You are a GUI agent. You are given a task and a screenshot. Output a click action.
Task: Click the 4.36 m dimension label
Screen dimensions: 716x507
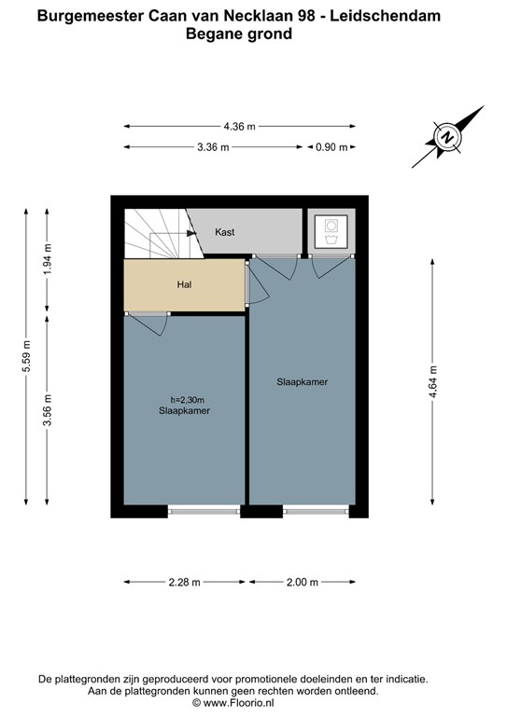click(x=240, y=127)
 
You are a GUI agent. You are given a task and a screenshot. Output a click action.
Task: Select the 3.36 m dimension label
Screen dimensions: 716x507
click(x=213, y=147)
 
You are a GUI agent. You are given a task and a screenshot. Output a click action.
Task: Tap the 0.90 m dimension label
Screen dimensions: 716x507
click(x=331, y=147)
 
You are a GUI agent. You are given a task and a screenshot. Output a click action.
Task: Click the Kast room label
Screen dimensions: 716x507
click(x=225, y=231)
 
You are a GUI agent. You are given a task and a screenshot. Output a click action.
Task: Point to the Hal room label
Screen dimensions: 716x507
click(x=184, y=284)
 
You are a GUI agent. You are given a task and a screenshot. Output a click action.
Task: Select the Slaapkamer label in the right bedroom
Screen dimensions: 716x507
click(x=302, y=382)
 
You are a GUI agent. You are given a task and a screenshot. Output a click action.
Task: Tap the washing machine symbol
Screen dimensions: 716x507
click(x=331, y=230)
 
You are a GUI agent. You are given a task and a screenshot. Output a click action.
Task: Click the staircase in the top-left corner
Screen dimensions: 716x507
click(x=157, y=233)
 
